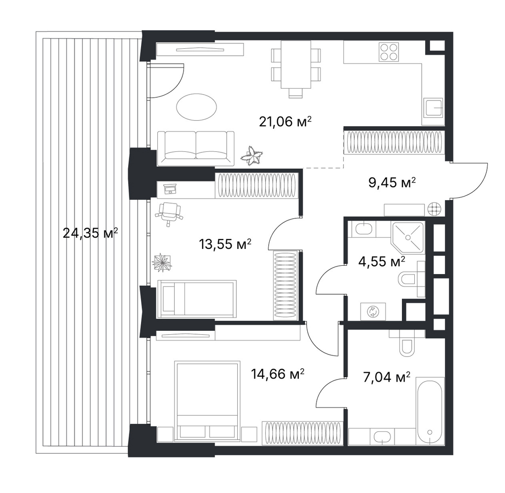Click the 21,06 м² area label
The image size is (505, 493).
click(286, 122)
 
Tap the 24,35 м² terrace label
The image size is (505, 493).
click(90, 233)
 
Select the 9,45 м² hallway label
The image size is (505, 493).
click(392, 182)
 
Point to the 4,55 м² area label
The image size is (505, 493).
click(382, 261)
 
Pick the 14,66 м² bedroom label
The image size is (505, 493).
click(278, 374)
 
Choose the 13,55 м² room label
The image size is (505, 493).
click(225, 244)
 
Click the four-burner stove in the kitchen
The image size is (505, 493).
click(389, 52)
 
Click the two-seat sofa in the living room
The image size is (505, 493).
click(196, 148)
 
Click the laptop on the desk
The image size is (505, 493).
click(170, 189)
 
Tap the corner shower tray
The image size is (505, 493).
click(408, 237)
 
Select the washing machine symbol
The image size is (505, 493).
click(373, 312)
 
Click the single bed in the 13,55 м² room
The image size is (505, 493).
click(197, 298)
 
